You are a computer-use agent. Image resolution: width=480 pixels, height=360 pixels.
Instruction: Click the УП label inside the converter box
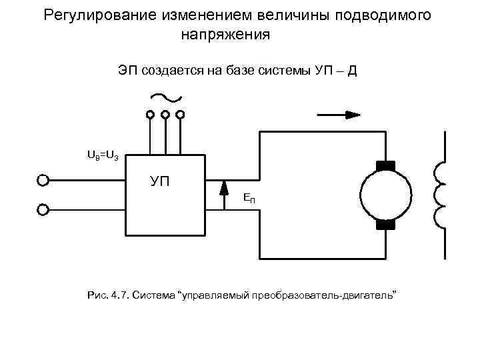pyautogui.click(x=159, y=180)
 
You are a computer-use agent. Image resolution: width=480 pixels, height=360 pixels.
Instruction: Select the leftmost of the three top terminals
pyautogui.click(x=150, y=115)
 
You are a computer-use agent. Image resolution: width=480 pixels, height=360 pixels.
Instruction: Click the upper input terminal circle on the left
pyautogui.click(x=43, y=180)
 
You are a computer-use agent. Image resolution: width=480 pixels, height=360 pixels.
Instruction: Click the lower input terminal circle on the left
pyautogui.click(x=43, y=210)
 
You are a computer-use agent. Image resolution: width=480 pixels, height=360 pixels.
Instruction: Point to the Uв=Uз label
pyautogui.click(x=103, y=155)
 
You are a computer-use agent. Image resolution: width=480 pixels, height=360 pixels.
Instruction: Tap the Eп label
pyautogui.click(x=249, y=198)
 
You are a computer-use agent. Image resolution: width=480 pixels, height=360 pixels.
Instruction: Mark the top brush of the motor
pyautogui.click(x=386, y=165)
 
